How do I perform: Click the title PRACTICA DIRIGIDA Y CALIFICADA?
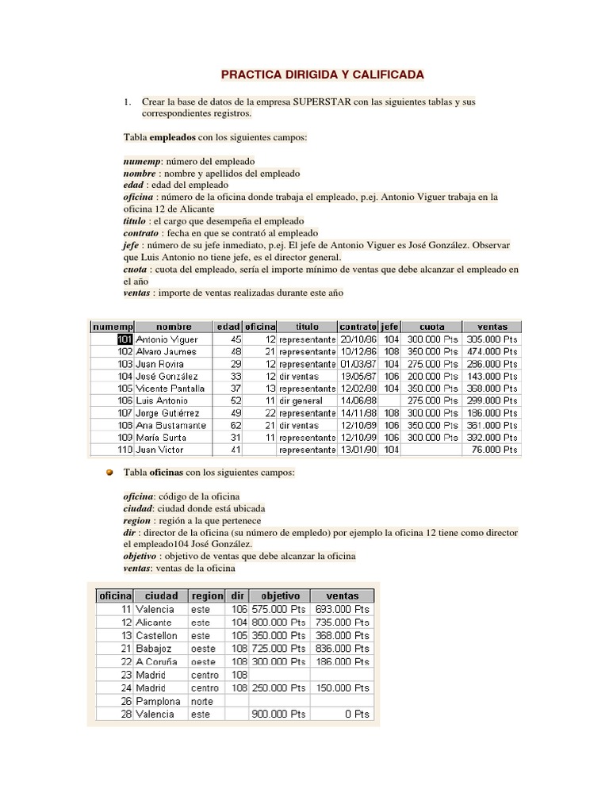tap(322, 75)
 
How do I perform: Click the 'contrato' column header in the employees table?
tap(358, 327)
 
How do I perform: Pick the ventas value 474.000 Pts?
tap(492, 351)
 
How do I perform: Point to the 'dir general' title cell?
tap(301, 400)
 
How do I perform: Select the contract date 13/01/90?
tap(358, 450)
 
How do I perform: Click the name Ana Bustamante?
tap(170, 425)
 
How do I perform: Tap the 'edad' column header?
tap(228, 327)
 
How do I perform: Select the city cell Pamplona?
tap(158, 701)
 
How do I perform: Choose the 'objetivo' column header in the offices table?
tap(278, 596)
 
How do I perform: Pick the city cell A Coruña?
tap(156, 661)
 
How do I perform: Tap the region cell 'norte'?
tap(202, 701)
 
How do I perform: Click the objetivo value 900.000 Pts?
tap(278, 714)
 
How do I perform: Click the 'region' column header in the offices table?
tap(206, 596)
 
